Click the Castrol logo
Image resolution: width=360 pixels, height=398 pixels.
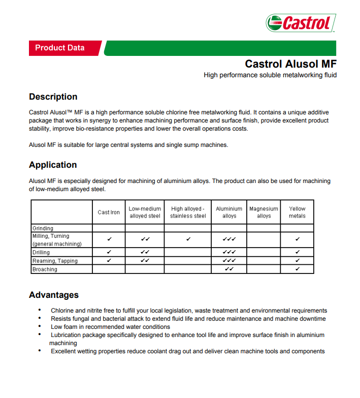tap(301, 23)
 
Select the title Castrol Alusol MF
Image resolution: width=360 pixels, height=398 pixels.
tap(290, 64)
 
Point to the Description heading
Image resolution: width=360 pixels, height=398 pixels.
tap(53, 97)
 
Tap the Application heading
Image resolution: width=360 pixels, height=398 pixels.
tap(53, 165)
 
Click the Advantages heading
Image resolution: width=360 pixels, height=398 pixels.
tap(54, 295)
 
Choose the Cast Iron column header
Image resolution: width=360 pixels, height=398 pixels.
tap(109, 212)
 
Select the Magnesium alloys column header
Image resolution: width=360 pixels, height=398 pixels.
tap(264, 212)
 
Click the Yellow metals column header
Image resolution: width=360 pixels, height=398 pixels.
tap(297, 212)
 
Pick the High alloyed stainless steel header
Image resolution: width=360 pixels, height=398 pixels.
tap(188, 212)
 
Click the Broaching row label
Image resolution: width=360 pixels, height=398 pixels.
tap(45, 269)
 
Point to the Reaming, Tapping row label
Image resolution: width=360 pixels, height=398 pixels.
tap(55, 261)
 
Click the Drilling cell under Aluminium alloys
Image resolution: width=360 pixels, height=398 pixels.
tap(229, 252)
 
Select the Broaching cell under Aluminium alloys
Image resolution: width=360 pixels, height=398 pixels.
tap(229, 269)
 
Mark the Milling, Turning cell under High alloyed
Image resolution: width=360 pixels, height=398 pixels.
tap(188, 239)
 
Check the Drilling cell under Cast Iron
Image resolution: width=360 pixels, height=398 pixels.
tap(109, 252)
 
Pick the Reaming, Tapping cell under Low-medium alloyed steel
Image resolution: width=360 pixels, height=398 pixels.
tap(145, 261)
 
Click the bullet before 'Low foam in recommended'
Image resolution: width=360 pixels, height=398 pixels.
tap(40, 327)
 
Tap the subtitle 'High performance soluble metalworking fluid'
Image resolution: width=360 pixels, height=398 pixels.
tap(270, 75)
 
